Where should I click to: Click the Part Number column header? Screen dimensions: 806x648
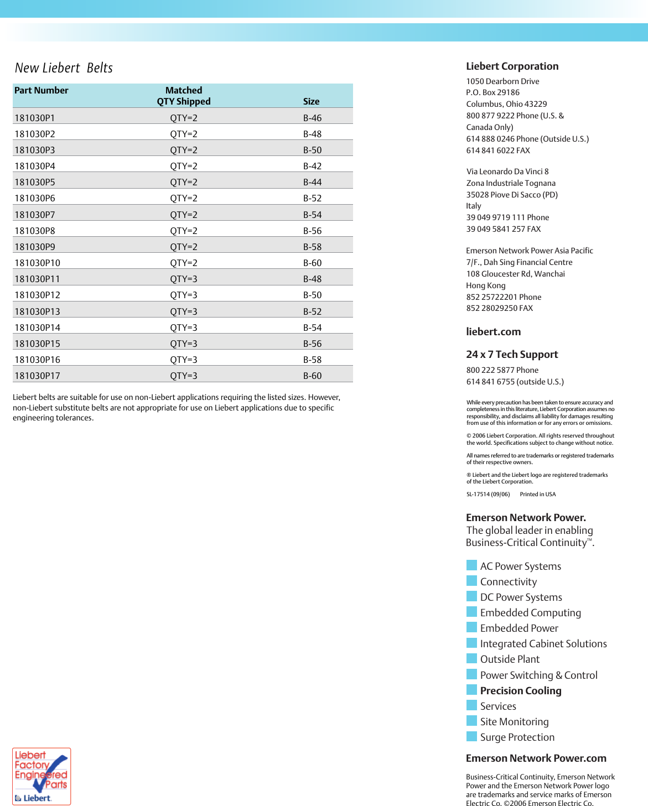coord(42,90)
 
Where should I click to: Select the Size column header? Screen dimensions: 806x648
coord(311,101)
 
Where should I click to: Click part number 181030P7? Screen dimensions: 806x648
coord(35,215)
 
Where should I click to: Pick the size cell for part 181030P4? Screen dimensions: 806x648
coord(312,166)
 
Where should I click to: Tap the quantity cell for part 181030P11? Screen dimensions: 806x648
coord(184,279)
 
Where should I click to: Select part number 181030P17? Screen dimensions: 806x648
coord(37,376)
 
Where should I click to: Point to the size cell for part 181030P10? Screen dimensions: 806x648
coord(312,263)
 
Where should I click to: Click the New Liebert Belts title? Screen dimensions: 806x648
coord(64,68)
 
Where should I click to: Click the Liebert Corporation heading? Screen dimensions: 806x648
coord(512,66)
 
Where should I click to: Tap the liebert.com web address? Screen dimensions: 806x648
coord(493,332)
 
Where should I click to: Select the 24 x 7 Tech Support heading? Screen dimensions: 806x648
coord(512,355)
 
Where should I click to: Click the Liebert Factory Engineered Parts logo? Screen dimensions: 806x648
coord(42,776)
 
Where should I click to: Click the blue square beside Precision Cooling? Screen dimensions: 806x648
coord(471,690)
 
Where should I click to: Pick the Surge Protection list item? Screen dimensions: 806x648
coord(517,737)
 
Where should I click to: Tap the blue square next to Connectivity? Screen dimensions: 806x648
coord(471,581)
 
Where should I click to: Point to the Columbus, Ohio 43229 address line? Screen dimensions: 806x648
coord(506,104)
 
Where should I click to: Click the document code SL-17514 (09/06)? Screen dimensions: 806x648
coord(488,495)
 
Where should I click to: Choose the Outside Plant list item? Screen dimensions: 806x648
coord(510,659)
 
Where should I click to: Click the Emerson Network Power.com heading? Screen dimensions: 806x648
coord(536,758)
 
